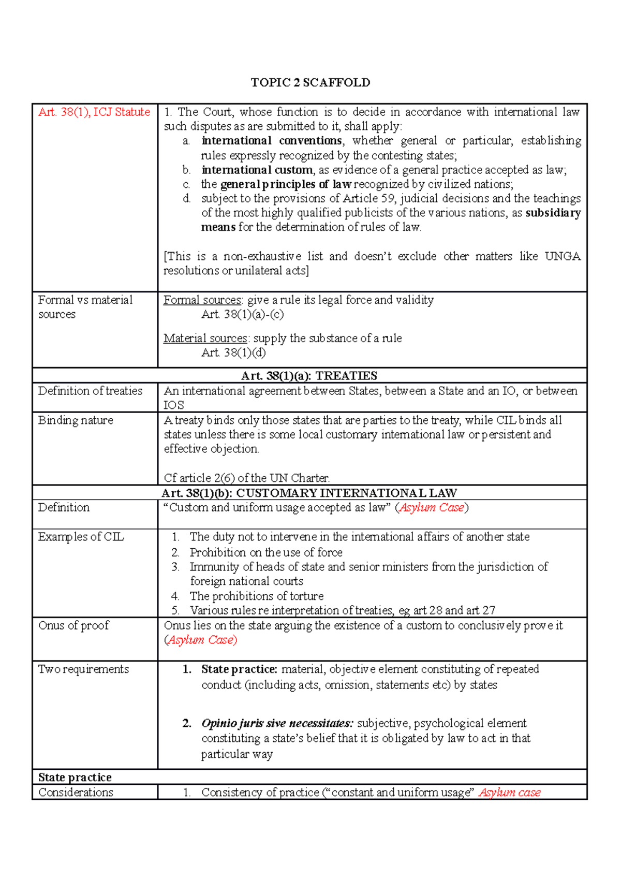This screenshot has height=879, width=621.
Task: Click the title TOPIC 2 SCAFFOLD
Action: [x=310, y=83]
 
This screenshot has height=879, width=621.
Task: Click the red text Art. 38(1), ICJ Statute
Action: [x=94, y=112]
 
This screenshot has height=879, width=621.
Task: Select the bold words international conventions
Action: [x=272, y=141]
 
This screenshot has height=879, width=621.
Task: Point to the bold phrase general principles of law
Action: [x=286, y=184]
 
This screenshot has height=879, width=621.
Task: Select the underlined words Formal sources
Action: [x=202, y=300]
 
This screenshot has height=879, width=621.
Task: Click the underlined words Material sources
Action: [x=205, y=339]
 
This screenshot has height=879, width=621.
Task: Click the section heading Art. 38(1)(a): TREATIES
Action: [x=309, y=376]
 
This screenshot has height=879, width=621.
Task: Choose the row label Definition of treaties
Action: [x=90, y=391]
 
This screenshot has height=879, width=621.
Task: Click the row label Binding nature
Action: [x=76, y=420]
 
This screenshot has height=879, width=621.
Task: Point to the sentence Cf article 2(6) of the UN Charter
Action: [x=246, y=478]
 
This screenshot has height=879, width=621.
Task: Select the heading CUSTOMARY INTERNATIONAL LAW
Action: [x=346, y=493]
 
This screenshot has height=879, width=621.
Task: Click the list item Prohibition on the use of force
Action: [x=266, y=553]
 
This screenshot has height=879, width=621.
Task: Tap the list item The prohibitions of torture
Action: [x=257, y=596]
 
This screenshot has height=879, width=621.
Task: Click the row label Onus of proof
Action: [x=73, y=626]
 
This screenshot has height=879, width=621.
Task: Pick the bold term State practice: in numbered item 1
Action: [x=239, y=669]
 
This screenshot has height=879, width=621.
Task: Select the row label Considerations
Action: [x=76, y=793]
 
